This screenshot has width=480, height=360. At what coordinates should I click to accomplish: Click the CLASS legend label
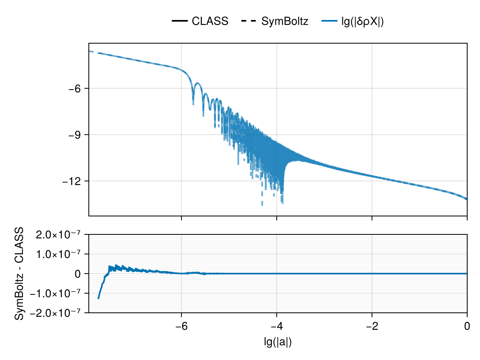click(x=210, y=22)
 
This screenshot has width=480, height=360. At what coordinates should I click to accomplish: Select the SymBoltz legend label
click(x=285, y=22)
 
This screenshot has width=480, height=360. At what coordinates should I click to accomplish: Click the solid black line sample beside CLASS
click(x=180, y=22)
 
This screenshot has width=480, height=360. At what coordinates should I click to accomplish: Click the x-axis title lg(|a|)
click(x=278, y=342)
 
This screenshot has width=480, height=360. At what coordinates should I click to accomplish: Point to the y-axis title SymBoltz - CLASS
click(x=19, y=274)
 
